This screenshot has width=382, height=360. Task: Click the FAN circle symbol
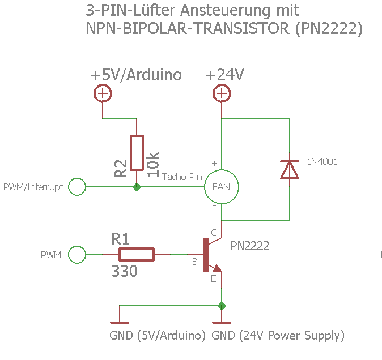(221, 186)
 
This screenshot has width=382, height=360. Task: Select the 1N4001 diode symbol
(290, 169)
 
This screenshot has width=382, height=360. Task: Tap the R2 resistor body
(137, 153)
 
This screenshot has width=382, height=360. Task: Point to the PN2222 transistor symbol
(210, 255)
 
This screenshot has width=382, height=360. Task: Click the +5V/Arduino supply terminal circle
(103, 93)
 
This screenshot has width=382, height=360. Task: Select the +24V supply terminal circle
(221, 93)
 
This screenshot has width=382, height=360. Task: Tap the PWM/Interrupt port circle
(77, 186)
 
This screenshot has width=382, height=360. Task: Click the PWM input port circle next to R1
(77, 255)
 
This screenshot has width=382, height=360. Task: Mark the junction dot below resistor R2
(137, 186)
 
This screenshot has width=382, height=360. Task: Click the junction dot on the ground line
(222, 306)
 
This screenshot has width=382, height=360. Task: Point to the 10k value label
(154, 164)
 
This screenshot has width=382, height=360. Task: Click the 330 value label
(124, 272)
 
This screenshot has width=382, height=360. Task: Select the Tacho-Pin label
(182, 177)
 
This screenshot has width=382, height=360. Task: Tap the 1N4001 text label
(322, 161)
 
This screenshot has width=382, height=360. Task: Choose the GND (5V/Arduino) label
(158, 335)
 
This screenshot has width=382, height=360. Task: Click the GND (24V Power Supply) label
(278, 335)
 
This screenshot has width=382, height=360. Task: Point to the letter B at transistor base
(194, 262)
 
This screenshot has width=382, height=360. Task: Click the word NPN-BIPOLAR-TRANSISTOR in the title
(188, 29)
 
